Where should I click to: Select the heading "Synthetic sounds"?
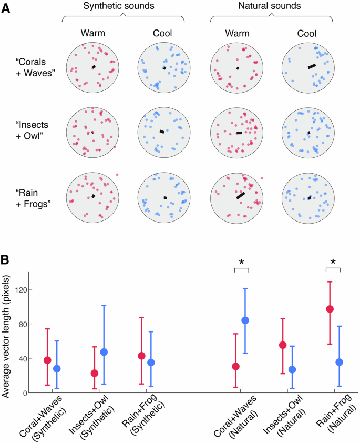(x=123, y=7)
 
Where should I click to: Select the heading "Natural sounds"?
(x=271, y=7)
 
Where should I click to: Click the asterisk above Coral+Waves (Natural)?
(x=241, y=263)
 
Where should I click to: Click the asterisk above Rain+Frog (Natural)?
(x=333, y=263)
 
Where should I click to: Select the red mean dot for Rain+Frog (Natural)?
(x=330, y=309)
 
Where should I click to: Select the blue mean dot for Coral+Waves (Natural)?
(x=245, y=320)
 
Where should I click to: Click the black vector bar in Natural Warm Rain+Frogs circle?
(x=240, y=195)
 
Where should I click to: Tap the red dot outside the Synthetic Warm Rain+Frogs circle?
(x=117, y=175)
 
